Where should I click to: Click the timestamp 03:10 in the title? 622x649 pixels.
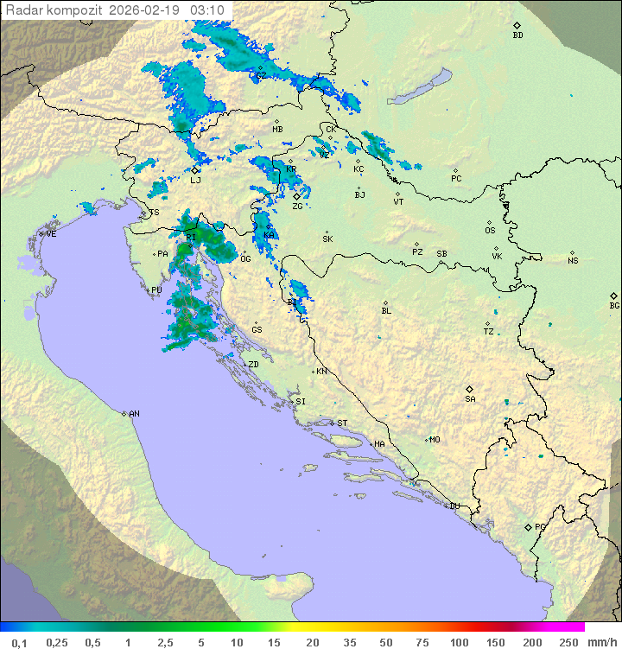click(208, 10)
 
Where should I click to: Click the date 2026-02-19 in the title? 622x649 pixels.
click(152, 10)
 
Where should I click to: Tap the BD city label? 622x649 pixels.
click(517, 35)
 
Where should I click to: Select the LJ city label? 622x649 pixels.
click(195, 180)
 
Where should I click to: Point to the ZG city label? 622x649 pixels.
click(297, 207)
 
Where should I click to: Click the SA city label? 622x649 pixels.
click(470, 398)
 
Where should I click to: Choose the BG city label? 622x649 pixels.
click(614, 305)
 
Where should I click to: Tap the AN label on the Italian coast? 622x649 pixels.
click(134, 414)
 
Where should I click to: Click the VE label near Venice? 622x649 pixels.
click(51, 234)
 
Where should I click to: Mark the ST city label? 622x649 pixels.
click(342, 423)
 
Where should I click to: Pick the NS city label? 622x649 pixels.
click(573, 261)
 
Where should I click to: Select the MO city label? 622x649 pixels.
click(435, 439)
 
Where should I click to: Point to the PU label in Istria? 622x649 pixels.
click(156, 290)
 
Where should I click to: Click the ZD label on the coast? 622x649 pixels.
click(253, 365)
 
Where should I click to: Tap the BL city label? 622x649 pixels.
click(386, 311)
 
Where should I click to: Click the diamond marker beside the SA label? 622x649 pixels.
click(470, 389)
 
